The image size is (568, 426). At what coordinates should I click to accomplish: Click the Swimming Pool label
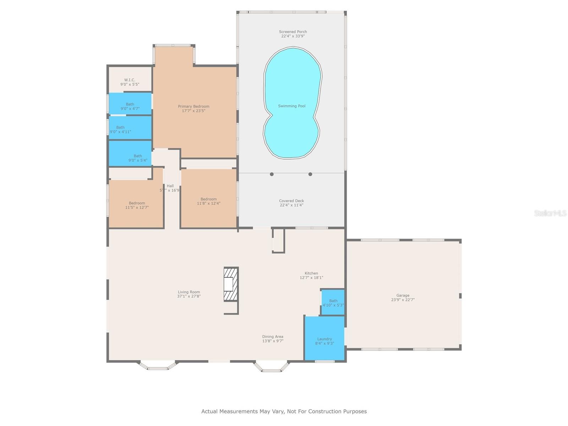click(x=291, y=106)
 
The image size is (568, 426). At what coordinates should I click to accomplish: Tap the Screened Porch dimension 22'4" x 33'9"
click(x=293, y=36)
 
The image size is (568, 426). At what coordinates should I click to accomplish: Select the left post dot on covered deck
click(x=272, y=174)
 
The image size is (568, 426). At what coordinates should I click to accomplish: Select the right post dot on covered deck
click(x=310, y=174)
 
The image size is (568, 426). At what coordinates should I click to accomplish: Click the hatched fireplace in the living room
click(x=230, y=284)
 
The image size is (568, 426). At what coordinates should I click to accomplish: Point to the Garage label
click(x=403, y=295)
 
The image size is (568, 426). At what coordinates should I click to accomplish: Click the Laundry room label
click(x=324, y=339)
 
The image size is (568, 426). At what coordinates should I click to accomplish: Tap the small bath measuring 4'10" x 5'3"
click(x=333, y=303)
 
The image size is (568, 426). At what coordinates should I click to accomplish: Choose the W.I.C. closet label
click(x=130, y=80)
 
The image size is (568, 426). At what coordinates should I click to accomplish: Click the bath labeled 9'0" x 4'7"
click(x=130, y=106)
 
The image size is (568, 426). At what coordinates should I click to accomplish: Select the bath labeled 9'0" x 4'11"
click(x=120, y=130)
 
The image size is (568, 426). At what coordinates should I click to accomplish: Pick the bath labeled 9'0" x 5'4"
click(x=138, y=158)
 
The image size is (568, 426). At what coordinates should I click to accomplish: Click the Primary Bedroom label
click(x=193, y=106)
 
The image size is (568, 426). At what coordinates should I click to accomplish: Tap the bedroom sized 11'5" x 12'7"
click(x=137, y=205)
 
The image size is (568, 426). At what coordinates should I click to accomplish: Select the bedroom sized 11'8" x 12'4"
click(x=208, y=201)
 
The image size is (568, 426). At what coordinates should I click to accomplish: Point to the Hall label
click(x=170, y=186)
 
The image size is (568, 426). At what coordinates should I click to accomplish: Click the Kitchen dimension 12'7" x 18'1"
click(x=311, y=278)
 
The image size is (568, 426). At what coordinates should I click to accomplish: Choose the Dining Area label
click(x=273, y=337)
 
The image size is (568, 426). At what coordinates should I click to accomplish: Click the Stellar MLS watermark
click(x=550, y=213)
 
